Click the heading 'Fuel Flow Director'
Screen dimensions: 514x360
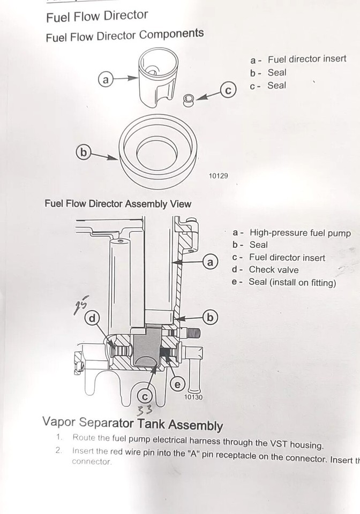pos(97,16)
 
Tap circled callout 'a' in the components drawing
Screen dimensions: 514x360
pos(106,80)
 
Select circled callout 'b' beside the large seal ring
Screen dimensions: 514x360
pos(83,153)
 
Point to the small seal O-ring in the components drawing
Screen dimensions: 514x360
pos(189,100)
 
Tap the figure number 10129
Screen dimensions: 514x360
pos(218,176)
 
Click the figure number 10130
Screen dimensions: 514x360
pos(193,397)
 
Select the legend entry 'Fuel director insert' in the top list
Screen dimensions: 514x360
pos(306,59)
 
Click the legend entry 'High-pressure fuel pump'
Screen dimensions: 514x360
pos(299,233)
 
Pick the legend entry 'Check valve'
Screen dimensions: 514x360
pos(274,270)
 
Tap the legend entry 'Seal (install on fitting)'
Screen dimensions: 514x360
pos(292,282)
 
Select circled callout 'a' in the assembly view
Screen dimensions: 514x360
pos(211,262)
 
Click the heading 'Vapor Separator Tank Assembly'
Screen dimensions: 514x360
pos(132,423)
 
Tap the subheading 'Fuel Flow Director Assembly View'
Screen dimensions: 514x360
pos(118,204)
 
